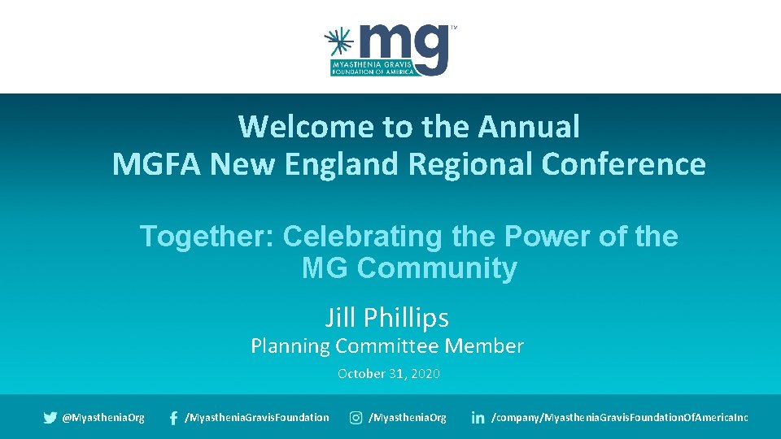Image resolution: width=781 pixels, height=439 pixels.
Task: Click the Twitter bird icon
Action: click(x=50, y=418)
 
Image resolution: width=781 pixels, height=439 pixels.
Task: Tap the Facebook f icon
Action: click(x=173, y=418)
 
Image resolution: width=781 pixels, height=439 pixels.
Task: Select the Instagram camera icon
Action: click(x=356, y=418)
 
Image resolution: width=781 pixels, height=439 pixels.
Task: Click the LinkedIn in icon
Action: click(x=478, y=418)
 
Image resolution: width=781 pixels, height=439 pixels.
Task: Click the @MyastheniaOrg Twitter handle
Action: click(x=103, y=418)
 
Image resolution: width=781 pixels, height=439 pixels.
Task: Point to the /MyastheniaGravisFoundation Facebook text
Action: click(x=257, y=418)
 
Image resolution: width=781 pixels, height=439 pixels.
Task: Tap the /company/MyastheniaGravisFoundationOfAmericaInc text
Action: click(x=620, y=418)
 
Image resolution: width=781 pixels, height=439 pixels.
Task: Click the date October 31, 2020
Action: click(x=389, y=374)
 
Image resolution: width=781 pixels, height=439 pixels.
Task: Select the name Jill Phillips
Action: click(x=387, y=317)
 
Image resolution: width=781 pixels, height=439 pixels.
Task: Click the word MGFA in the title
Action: click(x=156, y=164)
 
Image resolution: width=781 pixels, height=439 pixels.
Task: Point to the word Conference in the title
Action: click(x=623, y=164)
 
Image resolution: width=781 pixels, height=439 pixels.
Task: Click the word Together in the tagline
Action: click(x=207, y=237)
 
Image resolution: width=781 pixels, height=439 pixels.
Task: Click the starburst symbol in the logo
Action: click(x=339, y=41)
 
